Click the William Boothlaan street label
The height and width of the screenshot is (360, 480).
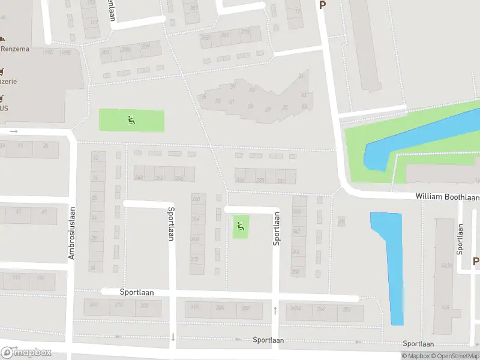tap(448, 197)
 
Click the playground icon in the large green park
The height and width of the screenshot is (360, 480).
tap(131, 119)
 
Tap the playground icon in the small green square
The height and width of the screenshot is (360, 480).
tap(240, 226)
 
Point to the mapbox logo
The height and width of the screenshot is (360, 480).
tap(26, 352)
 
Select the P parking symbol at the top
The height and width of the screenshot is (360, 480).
tap(322, 5)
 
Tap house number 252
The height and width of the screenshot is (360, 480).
tap(160, 178)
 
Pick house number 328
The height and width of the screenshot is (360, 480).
tap(260, 180)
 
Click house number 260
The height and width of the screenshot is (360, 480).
tap(196, 199)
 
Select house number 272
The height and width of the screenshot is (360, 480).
tap(194, 259)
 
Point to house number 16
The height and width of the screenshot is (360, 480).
tap(95, 178)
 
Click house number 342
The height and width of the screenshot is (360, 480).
tap(296, 231)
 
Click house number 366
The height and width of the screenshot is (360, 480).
tap(321, 310)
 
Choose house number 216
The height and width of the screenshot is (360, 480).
tap(119, 305)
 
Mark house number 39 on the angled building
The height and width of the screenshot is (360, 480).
tap(233, 86)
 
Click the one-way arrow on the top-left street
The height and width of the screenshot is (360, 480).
tap(13, 131)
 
